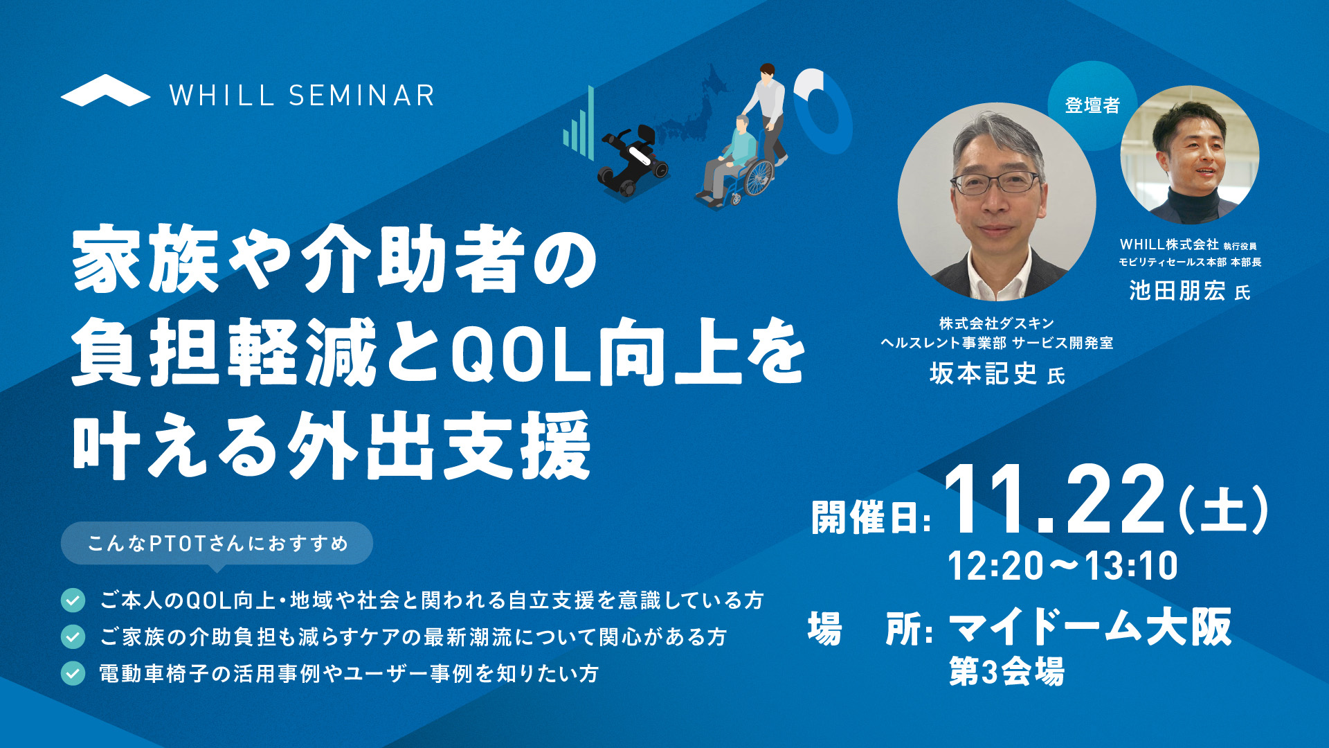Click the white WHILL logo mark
click(105, 91)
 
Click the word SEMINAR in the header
click(361, 96)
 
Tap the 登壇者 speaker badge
click(1092, 105)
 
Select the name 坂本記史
click(983, 374)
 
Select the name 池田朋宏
click(1177, 291)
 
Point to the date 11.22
click(1056, 499)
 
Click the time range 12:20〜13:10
click(1063, 565)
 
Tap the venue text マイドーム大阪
click(1090, 627)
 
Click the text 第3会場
click(1006, 671)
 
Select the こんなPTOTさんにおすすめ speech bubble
click(217, 544)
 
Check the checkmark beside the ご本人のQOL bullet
click(73, 600)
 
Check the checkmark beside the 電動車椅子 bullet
click(73, 673)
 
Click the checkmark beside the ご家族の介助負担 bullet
click(73, 636)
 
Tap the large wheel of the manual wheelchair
click(759, 177)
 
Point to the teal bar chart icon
click(579, 123)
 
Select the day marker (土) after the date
click(1223, 510)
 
